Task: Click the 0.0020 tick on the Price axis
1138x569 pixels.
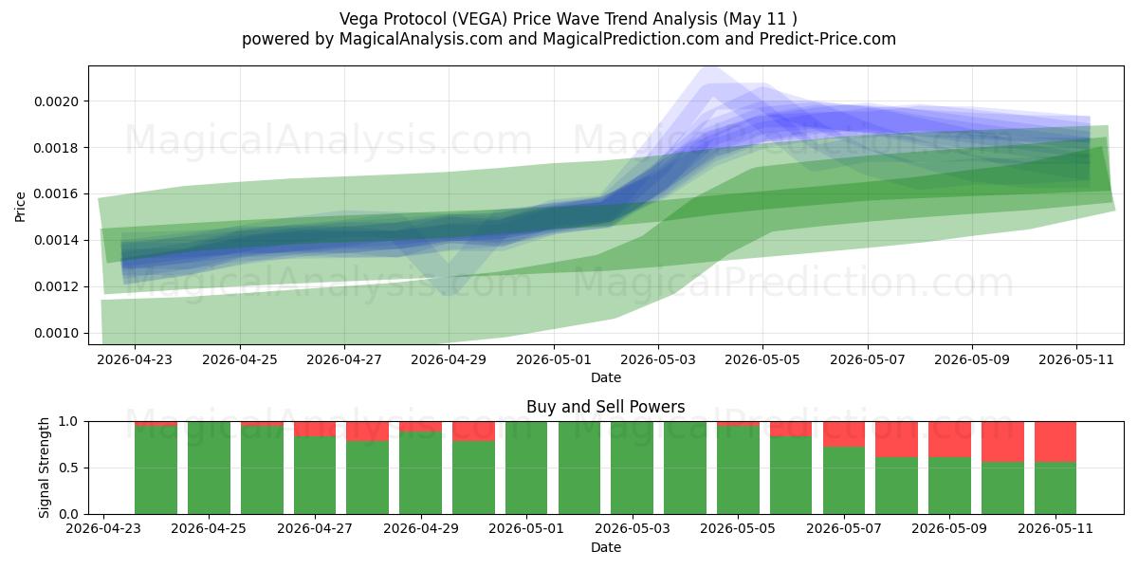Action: pyautogui.click(x=56, y=101)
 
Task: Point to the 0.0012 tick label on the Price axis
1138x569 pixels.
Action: pyautogui.click(x=56, y=287)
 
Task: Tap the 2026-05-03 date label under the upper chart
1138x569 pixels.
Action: pyautogui.click(x=658, y=359)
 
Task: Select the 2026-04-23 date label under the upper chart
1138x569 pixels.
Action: pyautogui.click(x=135, y=359)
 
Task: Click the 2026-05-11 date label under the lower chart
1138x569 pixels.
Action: pyautogui.click(x=1055, y=528)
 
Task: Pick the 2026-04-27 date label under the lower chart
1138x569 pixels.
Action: pyautogui.click(x=315, y=528)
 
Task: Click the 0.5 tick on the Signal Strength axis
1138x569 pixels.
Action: pyautogui.click(x=68, y=468)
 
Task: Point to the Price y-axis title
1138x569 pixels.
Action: pyautogui.click(x=20, y=207)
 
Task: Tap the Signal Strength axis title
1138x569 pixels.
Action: pyautogui.click(x=45, y=468)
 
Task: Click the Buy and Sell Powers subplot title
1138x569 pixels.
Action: pyautogui.click(x=606, y=407)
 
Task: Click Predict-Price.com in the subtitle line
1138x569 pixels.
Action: pyautogui.click(x=828, y=39)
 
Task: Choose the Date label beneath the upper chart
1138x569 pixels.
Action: pyautogui.click(x=606, y=377)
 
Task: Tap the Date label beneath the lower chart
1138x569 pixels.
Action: pyautogui.click(x=606, y=547)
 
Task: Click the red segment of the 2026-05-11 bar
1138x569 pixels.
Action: pyautogui.click(x=1055, y=442)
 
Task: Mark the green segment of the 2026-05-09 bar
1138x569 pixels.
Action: pyautogui.click(x=949, y=486)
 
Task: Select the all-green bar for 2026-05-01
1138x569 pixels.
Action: pyautogui.click(x=526, y=468)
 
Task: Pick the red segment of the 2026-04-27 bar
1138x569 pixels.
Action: pyautogui.click(x=315, y=429)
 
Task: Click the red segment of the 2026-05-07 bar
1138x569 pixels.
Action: pyautogui.click(x=844, y=434)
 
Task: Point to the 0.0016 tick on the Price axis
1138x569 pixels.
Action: pyautogui.click(x=56, y=194)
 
